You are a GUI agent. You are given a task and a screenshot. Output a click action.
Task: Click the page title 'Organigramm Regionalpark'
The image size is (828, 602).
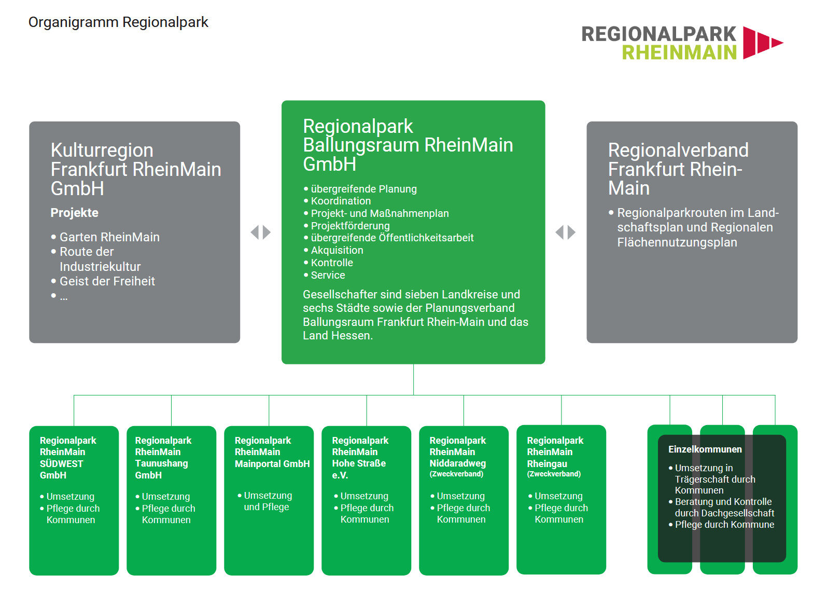118,22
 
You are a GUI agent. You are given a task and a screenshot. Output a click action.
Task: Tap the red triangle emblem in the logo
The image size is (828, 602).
762,42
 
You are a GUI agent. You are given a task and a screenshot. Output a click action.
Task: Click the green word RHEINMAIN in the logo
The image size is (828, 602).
679,52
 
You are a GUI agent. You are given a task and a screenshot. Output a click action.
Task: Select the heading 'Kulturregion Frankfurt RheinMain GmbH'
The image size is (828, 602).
135,169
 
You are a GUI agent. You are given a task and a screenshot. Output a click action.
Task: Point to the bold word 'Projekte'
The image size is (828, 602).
74,213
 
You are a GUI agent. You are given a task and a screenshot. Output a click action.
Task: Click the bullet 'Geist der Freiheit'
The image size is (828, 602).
107,281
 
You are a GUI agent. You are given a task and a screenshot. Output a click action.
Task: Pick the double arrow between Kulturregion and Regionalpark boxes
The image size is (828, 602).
261,232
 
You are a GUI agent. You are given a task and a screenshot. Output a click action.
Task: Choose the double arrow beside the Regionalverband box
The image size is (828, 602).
566,232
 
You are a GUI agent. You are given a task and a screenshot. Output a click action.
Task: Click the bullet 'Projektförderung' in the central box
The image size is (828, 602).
350,226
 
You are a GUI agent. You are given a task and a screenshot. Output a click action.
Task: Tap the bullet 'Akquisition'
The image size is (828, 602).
337,250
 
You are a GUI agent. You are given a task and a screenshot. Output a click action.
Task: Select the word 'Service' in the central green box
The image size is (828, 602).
328,275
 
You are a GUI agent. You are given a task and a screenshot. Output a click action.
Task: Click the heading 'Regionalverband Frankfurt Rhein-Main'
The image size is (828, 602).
678,169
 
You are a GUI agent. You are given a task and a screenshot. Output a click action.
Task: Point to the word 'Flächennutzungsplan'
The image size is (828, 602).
677,242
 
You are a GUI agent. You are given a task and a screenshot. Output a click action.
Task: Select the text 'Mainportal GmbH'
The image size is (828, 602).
272,463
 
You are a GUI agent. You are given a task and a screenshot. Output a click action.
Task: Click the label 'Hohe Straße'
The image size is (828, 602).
359,463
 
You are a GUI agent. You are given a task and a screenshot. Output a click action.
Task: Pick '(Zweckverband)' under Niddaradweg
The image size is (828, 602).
456,474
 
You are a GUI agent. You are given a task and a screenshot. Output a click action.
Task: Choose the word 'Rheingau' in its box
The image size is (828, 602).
547,463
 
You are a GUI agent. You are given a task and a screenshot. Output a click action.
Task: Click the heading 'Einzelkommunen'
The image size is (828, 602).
705,449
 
